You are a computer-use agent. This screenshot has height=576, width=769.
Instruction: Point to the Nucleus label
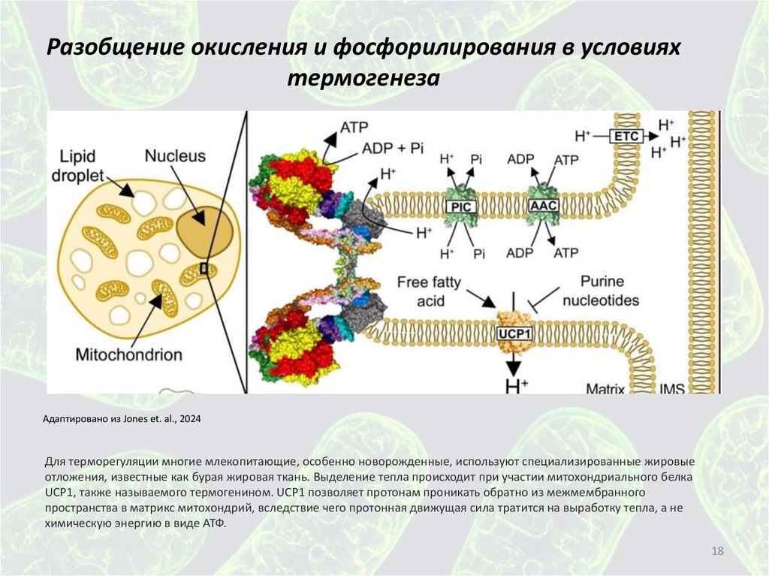pos(175,156)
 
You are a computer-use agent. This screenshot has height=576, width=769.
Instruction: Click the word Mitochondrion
pos(128,353)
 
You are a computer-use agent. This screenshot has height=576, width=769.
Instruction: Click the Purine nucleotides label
pos(609,292)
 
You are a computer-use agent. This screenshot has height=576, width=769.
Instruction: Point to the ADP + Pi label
pos(394,147)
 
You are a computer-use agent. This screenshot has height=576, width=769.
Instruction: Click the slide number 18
pos(716,553)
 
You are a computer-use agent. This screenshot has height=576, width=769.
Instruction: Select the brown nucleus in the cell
pos(205,228)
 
